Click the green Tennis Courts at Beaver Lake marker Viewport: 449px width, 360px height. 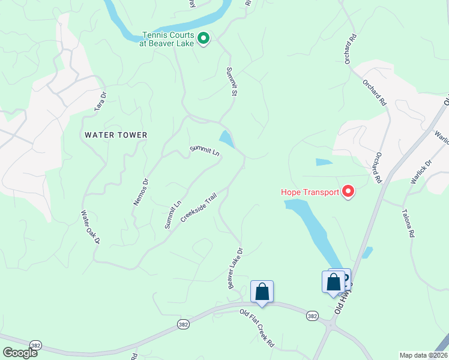[203, 39]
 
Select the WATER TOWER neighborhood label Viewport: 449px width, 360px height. [116, 135]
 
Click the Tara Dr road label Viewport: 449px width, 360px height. [100, 101]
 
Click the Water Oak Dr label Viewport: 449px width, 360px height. [90, 227]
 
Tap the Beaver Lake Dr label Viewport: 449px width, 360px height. [235, 268]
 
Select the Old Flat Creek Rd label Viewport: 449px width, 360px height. [257, 328]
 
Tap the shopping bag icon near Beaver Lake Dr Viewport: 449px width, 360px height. [262, 292]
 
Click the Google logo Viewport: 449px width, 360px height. [20, 353]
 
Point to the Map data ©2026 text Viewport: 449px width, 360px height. [424, 355]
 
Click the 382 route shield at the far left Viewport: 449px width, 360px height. [36, 346]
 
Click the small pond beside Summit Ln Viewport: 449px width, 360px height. [226, 140]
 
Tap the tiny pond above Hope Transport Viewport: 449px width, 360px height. [324, 162]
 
